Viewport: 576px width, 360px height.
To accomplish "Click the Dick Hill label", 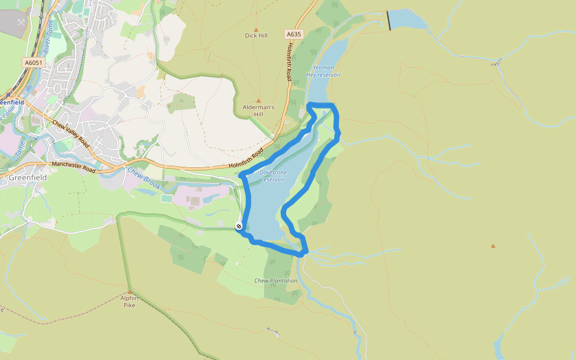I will coord(256,35).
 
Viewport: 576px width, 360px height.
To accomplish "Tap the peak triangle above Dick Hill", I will coord(256,29).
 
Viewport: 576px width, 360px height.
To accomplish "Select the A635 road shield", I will coord(293,34).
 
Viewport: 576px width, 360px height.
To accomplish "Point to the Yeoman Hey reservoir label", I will coord(324,71).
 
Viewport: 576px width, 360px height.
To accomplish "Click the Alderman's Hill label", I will coord(259,110).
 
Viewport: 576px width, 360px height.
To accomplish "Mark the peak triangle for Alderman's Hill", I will coord(259,101).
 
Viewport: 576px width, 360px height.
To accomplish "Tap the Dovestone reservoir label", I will coord(273,176).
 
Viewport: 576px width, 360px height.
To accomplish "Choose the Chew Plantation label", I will coord(276,281).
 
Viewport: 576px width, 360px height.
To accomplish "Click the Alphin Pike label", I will coord(129,301).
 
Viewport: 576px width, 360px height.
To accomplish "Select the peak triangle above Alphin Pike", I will coord(129,292).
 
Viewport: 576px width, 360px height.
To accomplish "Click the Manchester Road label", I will coord(74,166).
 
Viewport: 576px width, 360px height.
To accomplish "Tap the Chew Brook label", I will coord(144,178).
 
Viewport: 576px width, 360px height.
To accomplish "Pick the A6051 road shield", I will coord(34,62).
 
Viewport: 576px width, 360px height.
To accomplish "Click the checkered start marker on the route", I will coord(239,226).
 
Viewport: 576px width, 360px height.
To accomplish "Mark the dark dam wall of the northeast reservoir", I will coord(389,20).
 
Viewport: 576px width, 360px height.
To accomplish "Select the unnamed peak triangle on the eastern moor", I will coord(493,246).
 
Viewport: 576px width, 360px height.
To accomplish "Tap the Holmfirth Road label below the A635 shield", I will coord(289,62).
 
